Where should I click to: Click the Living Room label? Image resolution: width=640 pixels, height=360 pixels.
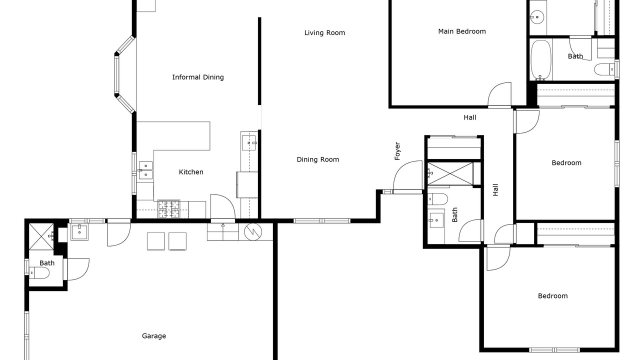(324, 33)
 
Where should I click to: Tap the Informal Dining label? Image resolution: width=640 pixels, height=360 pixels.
(198, 77)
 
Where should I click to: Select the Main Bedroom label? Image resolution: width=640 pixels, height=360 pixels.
(462, 31)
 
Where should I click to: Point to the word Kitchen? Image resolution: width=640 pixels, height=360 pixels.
(191, 172)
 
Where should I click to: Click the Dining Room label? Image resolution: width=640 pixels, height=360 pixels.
(318, 159)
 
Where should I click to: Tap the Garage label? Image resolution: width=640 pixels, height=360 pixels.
(154, 336)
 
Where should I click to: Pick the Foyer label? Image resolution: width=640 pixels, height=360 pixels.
(397, 151)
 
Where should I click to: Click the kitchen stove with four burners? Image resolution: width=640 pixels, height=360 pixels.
(169, 209)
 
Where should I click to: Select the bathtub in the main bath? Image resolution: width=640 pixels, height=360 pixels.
(541, 60)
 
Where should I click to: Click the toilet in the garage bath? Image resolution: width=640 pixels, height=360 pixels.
(39, 273)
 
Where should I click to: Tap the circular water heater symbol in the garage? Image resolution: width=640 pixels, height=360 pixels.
(253, 231)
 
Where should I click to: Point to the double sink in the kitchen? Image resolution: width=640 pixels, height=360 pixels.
(145, 170)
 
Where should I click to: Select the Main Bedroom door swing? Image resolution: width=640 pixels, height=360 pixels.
(499, 95)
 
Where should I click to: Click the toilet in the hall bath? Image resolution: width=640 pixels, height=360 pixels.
(437, 199)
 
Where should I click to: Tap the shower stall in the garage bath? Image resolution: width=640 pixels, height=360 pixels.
(41, 237)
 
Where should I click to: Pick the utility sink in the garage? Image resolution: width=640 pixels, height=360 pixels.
(79, 232)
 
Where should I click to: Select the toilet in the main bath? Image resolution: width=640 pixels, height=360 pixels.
(604, 69)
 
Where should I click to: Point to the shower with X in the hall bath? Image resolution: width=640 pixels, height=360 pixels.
(450, 173)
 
